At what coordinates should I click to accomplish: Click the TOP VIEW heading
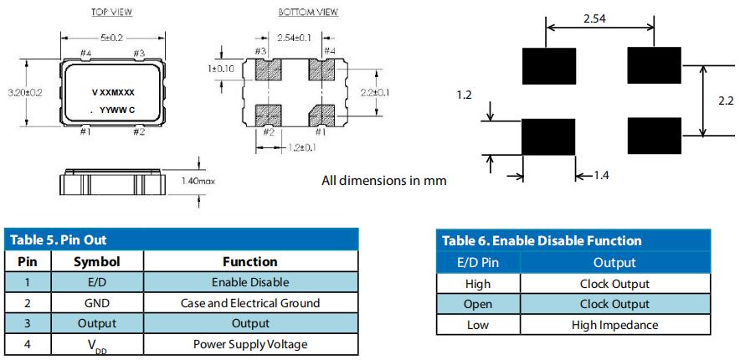click(x=111, y=13)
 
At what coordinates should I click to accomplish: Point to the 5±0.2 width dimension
click(x=111, y=38)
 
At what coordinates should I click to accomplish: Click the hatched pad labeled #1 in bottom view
click(x=321, y=112)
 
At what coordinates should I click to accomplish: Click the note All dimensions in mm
click(x=384, y=180)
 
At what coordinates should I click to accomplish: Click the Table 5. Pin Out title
click(x=59, y=240)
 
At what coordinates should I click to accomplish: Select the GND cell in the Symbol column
click(x=97, y=303)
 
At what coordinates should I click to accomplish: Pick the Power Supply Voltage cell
click(x=250, y=343)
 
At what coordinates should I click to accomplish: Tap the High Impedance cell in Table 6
click(x=614, y=325)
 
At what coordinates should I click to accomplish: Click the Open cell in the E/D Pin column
click(x=478, y=305)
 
